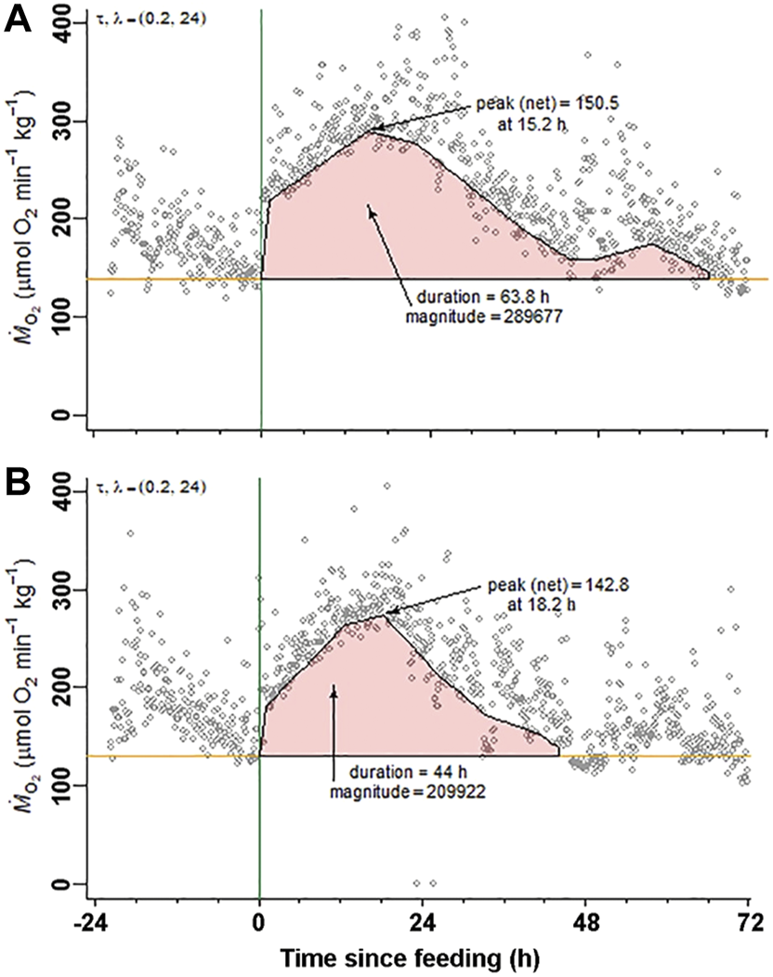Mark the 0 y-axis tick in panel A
68,415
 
